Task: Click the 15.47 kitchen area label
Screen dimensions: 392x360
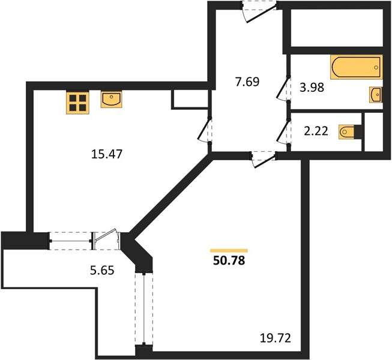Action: pos(107,154)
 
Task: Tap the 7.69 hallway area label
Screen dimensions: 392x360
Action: pos(247,82)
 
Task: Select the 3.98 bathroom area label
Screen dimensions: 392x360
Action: pos(312,88)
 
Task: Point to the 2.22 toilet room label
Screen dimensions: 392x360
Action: pos(316,131)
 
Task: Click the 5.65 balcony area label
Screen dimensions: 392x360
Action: pos(102,271)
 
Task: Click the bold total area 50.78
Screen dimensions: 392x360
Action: pos(229,260)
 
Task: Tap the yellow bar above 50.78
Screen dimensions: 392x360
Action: pos(229,251)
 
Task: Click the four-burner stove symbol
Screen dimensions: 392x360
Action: pos(77,103)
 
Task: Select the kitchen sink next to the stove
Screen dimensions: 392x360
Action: pos(111,100)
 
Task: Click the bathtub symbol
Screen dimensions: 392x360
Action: pos(356,67)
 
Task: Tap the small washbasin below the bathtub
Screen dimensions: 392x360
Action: pos(376,95)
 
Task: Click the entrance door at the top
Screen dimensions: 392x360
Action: pos(260,12)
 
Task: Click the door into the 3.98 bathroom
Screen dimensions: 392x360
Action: pos(284,88)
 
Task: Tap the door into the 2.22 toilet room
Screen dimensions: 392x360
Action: pos(284,133)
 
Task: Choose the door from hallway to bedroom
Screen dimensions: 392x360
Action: pos(264,160)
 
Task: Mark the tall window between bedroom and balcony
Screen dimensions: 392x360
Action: pos(144,309)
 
